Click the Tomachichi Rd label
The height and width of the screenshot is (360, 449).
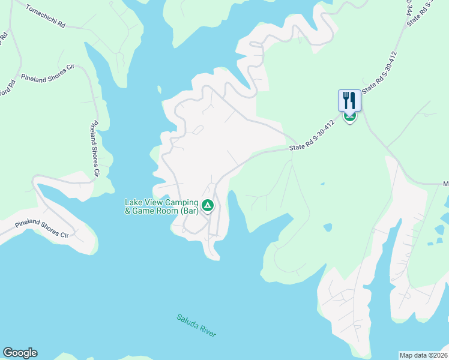pos(45,17)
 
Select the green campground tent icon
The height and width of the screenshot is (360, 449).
pos(207,206)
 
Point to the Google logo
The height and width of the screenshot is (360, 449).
pos(20,353)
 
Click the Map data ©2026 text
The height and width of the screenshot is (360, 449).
pos(423,355)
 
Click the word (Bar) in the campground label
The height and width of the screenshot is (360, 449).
pos(190,211)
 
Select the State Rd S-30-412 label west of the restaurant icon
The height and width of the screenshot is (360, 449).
pos(312,138)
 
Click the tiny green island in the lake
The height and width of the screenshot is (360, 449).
pos(159,90)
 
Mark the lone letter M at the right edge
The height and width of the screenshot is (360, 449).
pos(445,184)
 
